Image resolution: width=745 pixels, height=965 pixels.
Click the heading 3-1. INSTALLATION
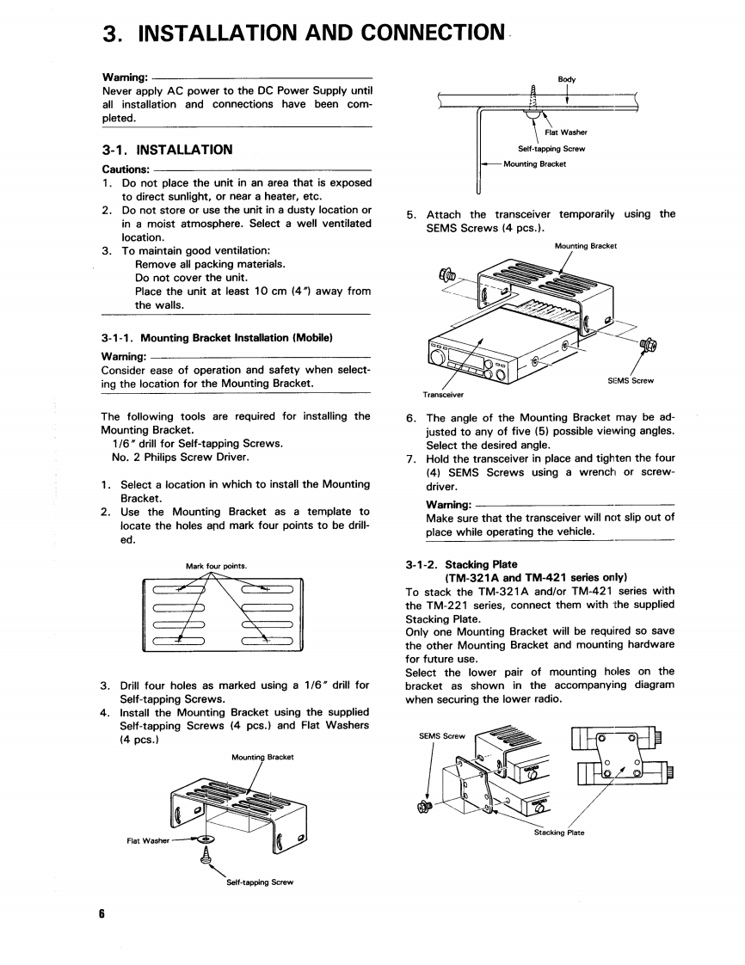(x=167, y=150)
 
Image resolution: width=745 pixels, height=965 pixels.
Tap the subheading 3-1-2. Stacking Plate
(x=461, y=564)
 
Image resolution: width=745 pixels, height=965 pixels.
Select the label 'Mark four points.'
(x=217, y=566)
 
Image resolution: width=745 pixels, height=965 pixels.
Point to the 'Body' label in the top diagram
(x=566, y=79)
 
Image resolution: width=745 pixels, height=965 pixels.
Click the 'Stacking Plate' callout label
(x=559, y=832)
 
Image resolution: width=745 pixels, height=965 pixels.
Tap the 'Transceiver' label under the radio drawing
(x=443, y=395)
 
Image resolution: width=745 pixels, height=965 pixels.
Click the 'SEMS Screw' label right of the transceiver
(x=631, y=380)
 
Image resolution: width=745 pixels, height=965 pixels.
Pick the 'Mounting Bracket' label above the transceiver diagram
(x=585, y=246)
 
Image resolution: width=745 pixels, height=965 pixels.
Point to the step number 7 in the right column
(x=411, y=458)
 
